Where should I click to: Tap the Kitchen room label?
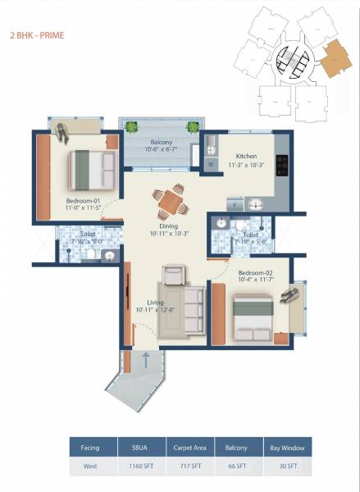pos(247,156)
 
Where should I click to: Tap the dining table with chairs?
pos(169,200)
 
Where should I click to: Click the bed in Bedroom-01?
pos(90,168)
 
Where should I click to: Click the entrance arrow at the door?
pos(145,358)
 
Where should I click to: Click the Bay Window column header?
pos(286,448)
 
